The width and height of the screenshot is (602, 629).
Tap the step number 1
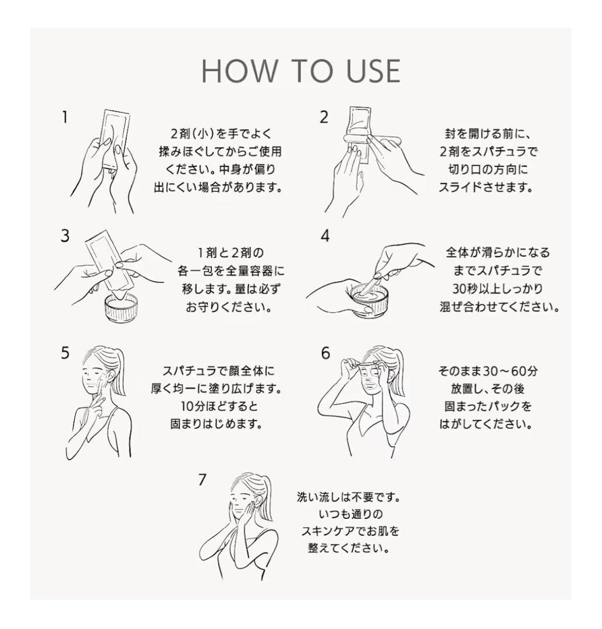(x=65, y=118)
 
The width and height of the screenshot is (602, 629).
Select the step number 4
(x=325, y=236)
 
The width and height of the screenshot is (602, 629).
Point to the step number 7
(x=202, y=479)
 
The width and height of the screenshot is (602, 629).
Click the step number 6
(x=325, y=354)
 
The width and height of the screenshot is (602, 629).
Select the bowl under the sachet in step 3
(x=121, y=308)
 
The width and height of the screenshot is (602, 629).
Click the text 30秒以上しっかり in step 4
(x=497, y=289)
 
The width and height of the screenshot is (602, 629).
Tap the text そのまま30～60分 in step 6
(x=487, y=371)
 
